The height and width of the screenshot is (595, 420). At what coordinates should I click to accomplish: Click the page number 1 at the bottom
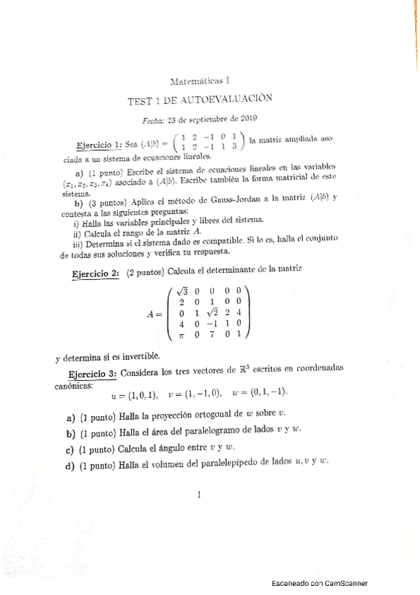200,494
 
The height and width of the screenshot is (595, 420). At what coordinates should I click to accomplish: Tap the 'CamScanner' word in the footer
346,583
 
